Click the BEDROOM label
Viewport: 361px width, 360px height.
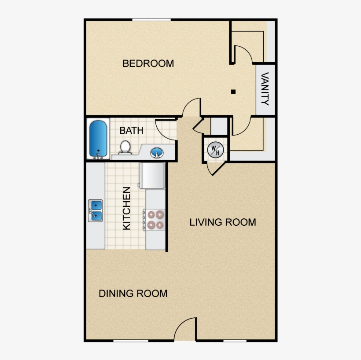[x=148, y=63]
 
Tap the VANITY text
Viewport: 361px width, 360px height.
[x=265, y=89]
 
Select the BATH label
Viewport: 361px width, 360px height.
[x=131, y=130]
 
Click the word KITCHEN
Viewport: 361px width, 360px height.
[x=127, y=208]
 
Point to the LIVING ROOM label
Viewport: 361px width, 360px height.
[x=222, y=222]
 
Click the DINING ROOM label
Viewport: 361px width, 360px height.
[x=133, y=294]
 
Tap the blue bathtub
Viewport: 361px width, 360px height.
[x=99, y=139]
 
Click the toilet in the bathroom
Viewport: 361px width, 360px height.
[x=125, y=147]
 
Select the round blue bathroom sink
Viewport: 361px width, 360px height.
[x=156, y=153]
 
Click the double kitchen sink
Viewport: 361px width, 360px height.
[x=96, y=210]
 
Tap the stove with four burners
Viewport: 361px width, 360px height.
[x=155, y=220]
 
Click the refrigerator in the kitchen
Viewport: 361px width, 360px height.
[x=152, y=175]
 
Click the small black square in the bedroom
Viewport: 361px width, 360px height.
[x=233, y=92]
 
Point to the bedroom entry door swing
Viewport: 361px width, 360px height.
[x=192, y=107]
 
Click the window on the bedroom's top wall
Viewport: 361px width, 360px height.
[x=151, y=19]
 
